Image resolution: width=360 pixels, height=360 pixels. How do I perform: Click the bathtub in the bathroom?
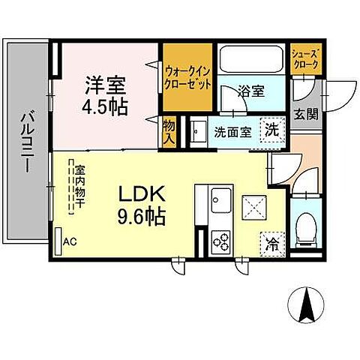click(250, 59)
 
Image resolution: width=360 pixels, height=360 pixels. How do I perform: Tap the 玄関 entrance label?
click(306, 115)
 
